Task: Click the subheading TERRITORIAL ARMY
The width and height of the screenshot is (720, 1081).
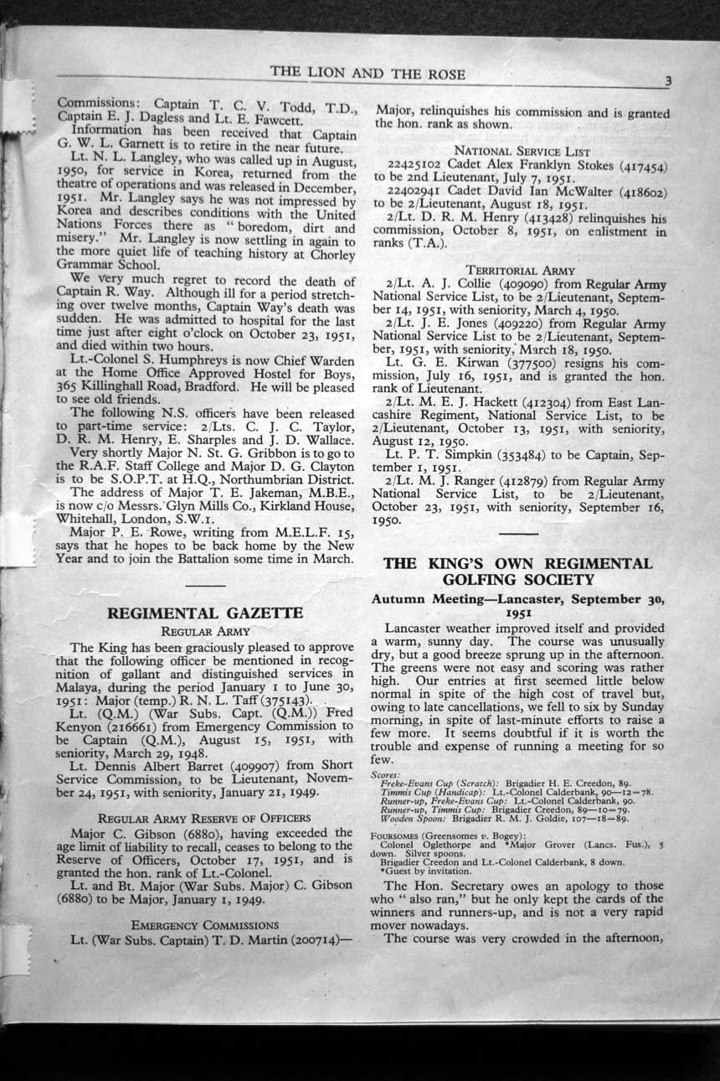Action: point(521,271)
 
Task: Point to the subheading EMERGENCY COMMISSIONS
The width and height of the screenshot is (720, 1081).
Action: point(205,924)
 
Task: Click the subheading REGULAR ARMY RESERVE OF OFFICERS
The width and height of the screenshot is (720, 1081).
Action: point(204,817)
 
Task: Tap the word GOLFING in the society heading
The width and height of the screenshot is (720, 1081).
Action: point(489,580)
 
